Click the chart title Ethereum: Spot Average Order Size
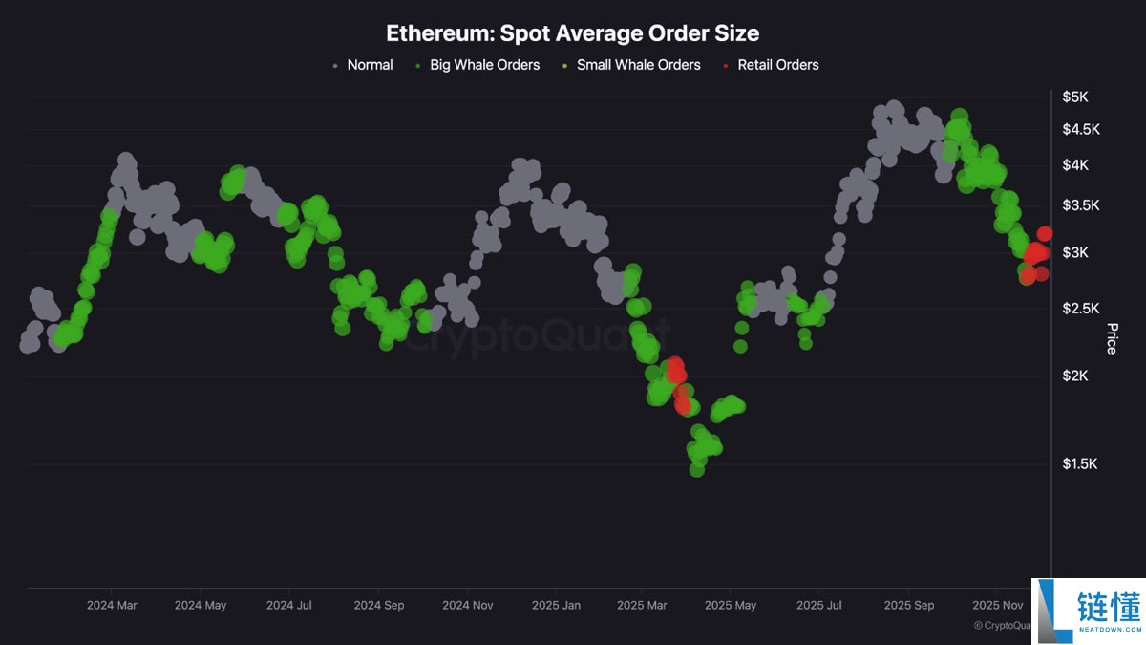tap(572, 33)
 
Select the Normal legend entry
tap(369, 65)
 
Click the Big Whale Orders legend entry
tap(484, 65)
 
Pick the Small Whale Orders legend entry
tap(638, 65)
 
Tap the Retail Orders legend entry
tap(777, 65)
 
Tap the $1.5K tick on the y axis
tap(1080, 464)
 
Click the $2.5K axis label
tap(1080, 309)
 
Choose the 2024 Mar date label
tap(112, 605)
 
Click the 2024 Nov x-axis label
tap(468, 605)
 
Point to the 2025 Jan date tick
tap(556, 605)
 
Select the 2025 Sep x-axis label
tap(909, 605)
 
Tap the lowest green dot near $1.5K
tap(696, 469)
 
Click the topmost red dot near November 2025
tap(1045, 233)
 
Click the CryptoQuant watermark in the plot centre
tap(535, 336)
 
